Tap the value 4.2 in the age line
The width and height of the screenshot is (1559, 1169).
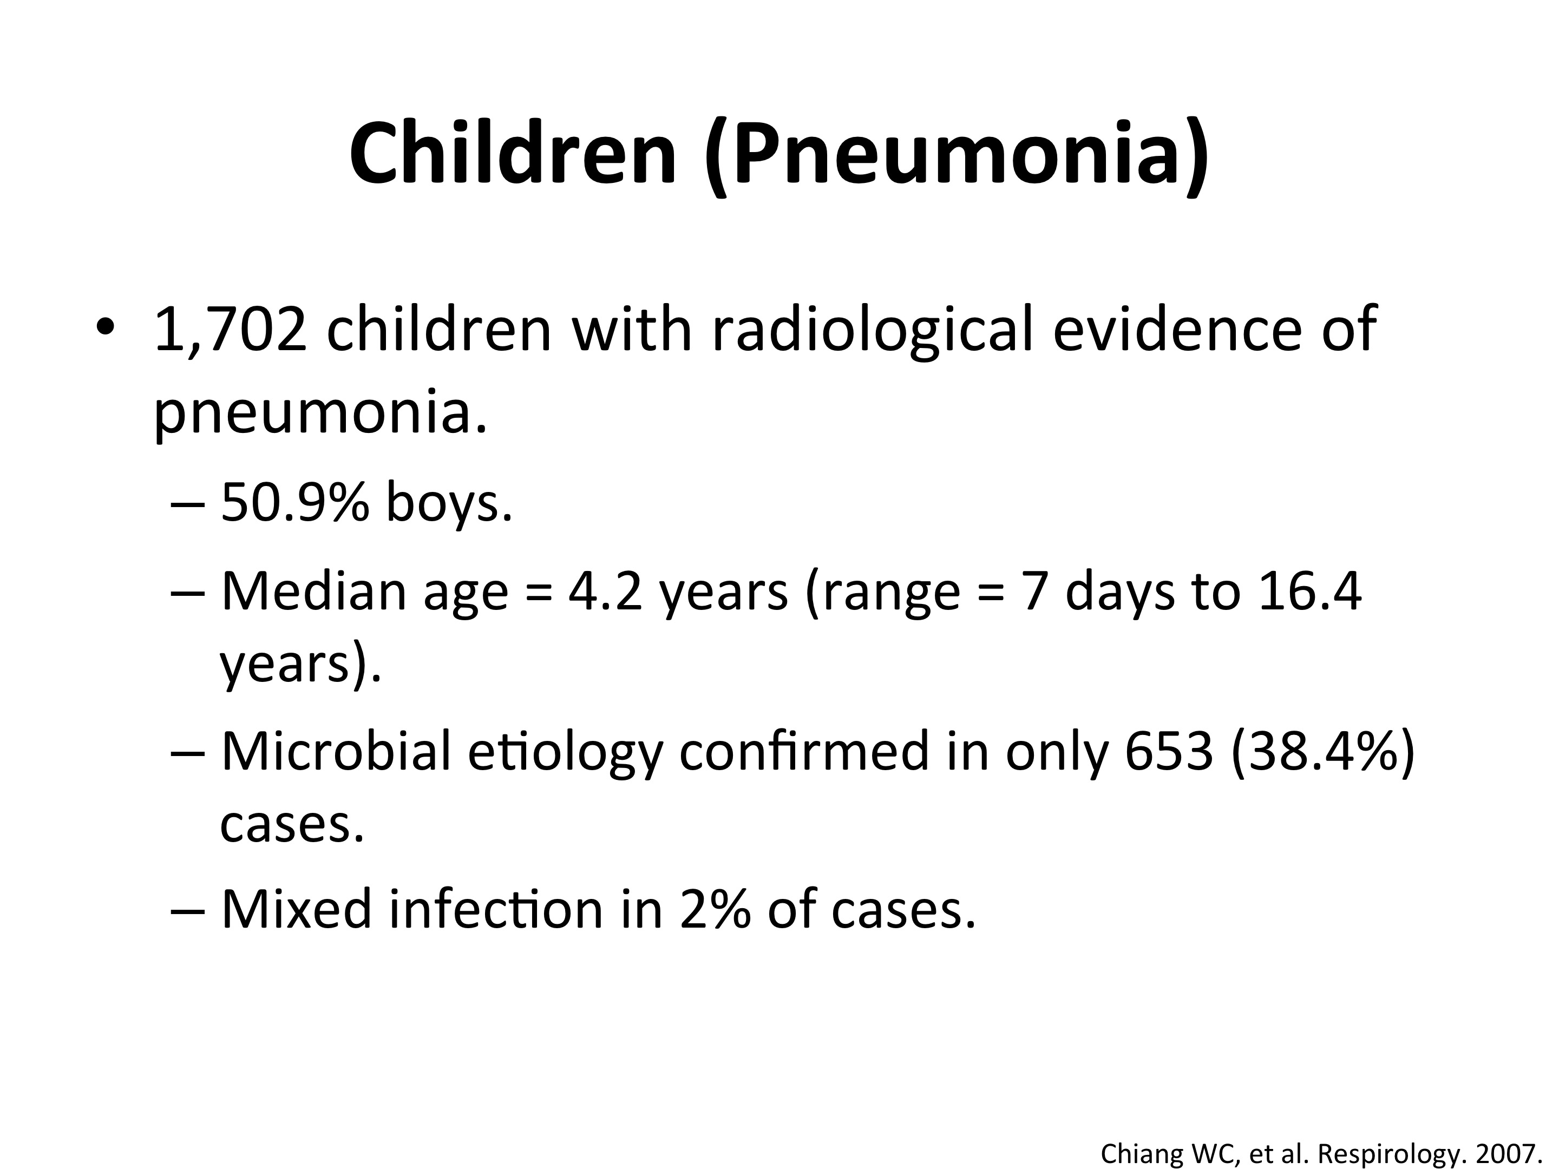(x=605, y=592)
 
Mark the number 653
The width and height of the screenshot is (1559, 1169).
(x=1169, y=751)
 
